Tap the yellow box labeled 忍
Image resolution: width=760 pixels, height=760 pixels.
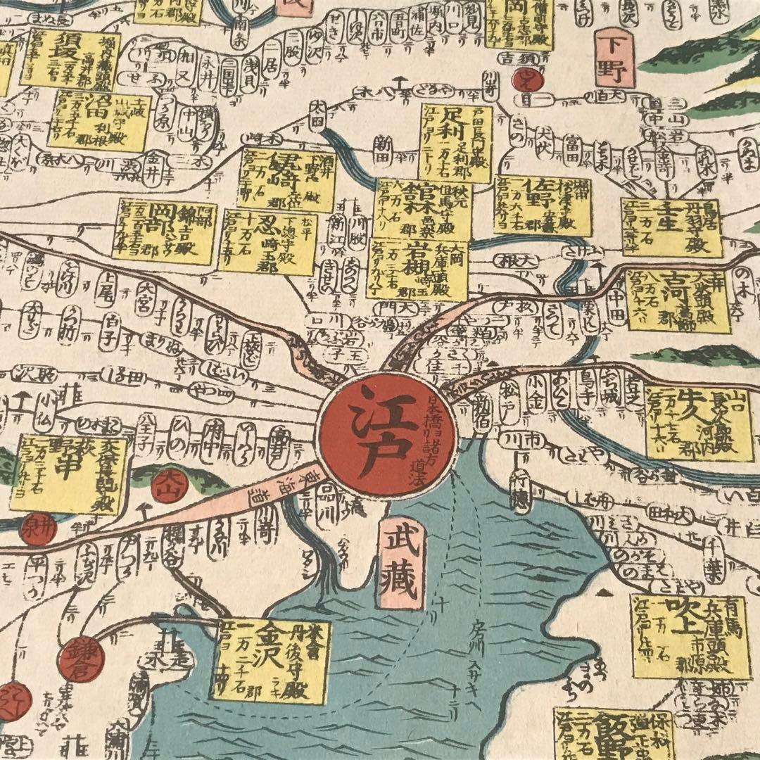pyautogui.click(x=267, y=242)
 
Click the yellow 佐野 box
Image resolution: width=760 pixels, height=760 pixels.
pyautogui.click(x=543, y=205)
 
